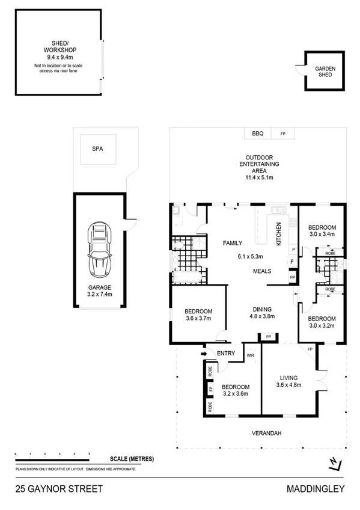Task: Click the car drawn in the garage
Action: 100,248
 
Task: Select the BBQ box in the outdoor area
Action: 258,134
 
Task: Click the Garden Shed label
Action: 326,73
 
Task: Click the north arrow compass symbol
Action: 335,462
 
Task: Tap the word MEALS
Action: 262,271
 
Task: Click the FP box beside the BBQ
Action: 282,134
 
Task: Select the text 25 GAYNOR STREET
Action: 51,489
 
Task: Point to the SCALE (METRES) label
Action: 132,459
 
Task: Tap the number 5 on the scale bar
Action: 89,453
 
